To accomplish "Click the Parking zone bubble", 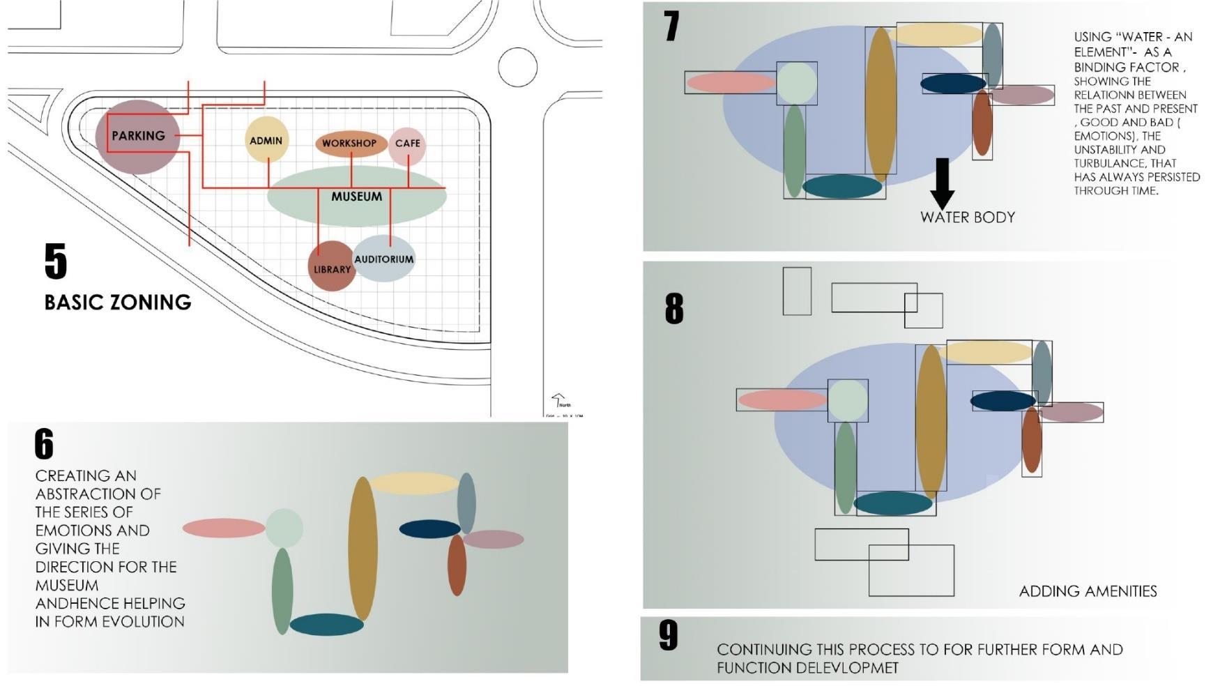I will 138,136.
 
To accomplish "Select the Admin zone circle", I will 266,140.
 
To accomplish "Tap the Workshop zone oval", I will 350,143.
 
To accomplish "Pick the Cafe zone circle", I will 407,145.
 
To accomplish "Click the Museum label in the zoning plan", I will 356,197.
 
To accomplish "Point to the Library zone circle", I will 332,267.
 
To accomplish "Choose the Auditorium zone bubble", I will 384,259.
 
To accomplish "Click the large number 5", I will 56,261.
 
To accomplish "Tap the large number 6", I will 44,444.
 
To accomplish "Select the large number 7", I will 671,26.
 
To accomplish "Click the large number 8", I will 674,308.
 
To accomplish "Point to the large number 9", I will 668,635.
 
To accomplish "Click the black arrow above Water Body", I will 942,183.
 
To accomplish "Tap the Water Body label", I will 967,218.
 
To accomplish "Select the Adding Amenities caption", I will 1088,591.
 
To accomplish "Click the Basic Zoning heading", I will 118,302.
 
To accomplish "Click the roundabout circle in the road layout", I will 517,67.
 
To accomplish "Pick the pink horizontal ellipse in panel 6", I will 224,528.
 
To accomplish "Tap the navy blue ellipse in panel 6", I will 429,529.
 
